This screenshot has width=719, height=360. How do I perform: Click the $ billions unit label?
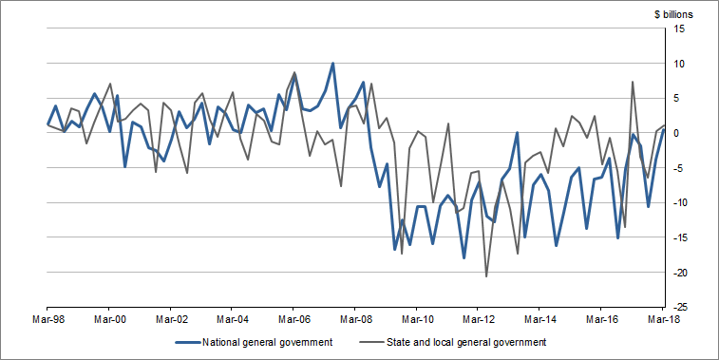tap(672, 14)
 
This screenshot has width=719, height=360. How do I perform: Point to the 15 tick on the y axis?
tap(680, 29)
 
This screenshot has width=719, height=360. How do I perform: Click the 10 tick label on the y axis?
tap(680, 64)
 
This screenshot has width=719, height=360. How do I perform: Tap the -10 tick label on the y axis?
tap(678, 203)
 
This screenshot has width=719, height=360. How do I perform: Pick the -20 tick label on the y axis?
tap(678, 273)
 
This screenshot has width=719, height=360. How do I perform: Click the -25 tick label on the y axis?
tap(678, 308)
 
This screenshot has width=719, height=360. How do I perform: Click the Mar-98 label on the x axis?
tap(48, 321)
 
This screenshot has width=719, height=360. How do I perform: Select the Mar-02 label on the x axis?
tap(171, 321)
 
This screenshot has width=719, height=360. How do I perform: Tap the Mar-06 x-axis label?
tap(293, 321)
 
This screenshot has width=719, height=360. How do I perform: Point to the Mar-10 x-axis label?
tap(417, 321)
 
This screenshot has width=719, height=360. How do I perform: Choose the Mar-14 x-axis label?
tap(539, 321)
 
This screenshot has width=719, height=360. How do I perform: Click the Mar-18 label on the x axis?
tap(662, 321)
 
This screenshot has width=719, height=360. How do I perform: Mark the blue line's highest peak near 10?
tap(332, 64)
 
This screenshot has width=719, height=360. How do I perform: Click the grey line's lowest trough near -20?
tap(486, 276)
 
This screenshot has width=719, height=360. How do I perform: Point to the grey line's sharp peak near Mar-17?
tap(633, 82)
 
